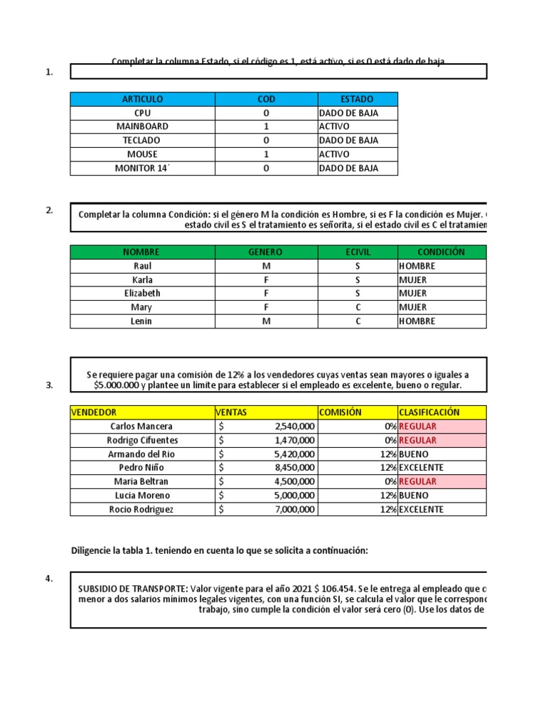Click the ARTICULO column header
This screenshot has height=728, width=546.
click(142, 99)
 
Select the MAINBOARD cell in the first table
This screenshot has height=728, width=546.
click(142, 127)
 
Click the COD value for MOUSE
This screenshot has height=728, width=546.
click(266, 154)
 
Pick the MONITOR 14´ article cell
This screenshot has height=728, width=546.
click(142, 168)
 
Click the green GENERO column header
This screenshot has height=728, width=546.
click(265, 252)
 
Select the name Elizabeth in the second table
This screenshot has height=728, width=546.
click(142, 294)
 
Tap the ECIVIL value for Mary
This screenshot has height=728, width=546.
click(358, 307)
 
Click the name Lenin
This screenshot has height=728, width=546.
click(142, 321)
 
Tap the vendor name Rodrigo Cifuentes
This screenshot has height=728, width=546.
click(142, 440)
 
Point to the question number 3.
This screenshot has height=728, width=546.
click(49, 385)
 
